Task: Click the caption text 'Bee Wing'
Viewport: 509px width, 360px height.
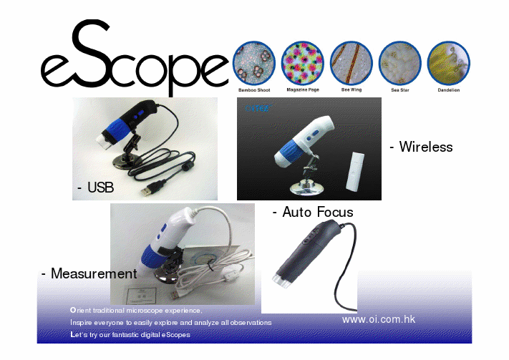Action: coord(351,91)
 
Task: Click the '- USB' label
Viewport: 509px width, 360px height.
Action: coord(95,188)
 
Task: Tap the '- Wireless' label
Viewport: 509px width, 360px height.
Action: coord(421,147)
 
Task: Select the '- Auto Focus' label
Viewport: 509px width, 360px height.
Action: coord(313,212)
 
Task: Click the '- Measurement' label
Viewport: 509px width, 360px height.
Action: coord(89,273)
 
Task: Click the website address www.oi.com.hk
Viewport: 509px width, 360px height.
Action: coord(379,319)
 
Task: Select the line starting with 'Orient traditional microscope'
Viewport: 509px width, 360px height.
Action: coord(136,311)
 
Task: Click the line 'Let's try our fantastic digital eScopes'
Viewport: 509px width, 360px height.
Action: coord(130,335)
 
